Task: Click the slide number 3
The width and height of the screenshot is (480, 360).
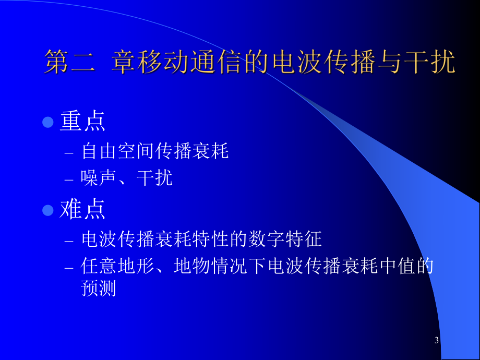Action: coord(437,341)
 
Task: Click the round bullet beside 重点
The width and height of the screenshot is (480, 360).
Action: coord(48,123)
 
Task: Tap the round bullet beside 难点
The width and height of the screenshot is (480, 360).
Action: coord(48,210)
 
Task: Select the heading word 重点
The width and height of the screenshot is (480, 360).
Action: coord(83,122)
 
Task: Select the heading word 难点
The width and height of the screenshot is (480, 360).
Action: coord(83,209)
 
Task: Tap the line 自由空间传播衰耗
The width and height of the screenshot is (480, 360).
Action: coord(155,152)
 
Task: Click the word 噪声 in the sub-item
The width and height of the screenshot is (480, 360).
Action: coord(99,178)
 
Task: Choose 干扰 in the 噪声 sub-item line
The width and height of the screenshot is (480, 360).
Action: coord(154,178)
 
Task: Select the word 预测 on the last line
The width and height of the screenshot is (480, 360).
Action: coord(99,289)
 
